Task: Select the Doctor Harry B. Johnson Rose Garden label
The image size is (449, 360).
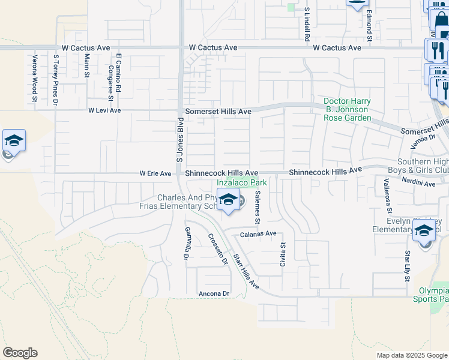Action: point(347,110)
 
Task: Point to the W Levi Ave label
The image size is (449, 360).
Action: point(104,110)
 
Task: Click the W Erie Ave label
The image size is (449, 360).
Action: point(155,173)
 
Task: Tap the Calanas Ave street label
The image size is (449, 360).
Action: point(259,233)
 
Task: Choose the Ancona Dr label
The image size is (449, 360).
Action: point(214,293)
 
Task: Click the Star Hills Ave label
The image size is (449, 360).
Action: point(246,272)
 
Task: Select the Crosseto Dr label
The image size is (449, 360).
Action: point(218,248)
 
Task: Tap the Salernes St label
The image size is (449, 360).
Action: point(256,207)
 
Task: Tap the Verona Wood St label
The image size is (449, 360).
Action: point(35,79)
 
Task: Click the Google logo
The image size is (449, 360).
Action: point(20,353)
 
